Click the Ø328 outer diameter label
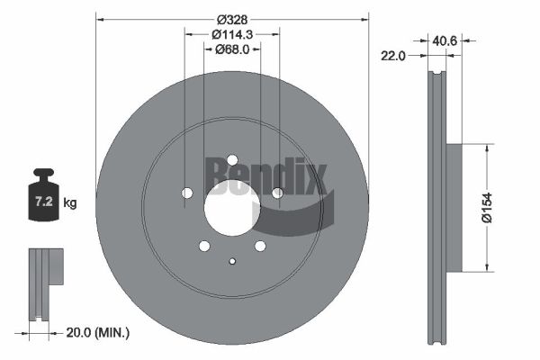[x=232, y=20]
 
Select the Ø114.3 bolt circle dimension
[x=232, y=34]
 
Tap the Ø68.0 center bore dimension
[x=232, y=49]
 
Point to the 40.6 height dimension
[x=445, y=41]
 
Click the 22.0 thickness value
[x=393, y=56]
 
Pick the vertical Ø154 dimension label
[x=487, y=208]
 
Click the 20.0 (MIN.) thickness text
[x=98, y=332]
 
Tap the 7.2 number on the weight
[x=44, y=202]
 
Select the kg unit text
[x=70, y=203]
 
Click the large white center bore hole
[x=232, y=208]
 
